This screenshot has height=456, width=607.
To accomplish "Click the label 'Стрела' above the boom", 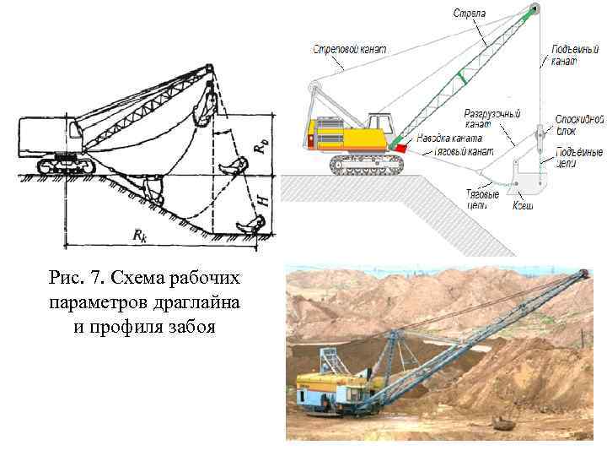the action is (469, 13).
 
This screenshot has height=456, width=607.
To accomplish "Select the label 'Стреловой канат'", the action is (348, 49).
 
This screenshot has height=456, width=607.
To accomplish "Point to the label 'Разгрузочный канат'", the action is (492, 118).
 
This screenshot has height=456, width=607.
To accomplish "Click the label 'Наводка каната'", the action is (455, 137).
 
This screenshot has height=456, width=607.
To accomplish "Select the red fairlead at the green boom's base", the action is (400, 148).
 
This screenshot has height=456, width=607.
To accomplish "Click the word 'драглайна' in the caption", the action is (184, 302).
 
